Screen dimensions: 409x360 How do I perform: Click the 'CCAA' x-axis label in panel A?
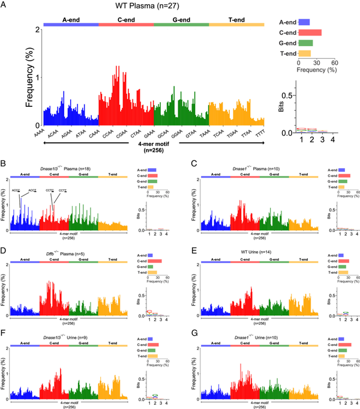(108, 136)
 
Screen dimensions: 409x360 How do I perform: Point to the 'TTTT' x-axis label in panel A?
(259, 136)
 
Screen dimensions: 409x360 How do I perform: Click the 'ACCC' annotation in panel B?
(16, 190)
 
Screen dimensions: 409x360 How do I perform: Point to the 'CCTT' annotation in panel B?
(63, 190)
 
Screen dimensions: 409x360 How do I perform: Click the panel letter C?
(191, 163)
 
